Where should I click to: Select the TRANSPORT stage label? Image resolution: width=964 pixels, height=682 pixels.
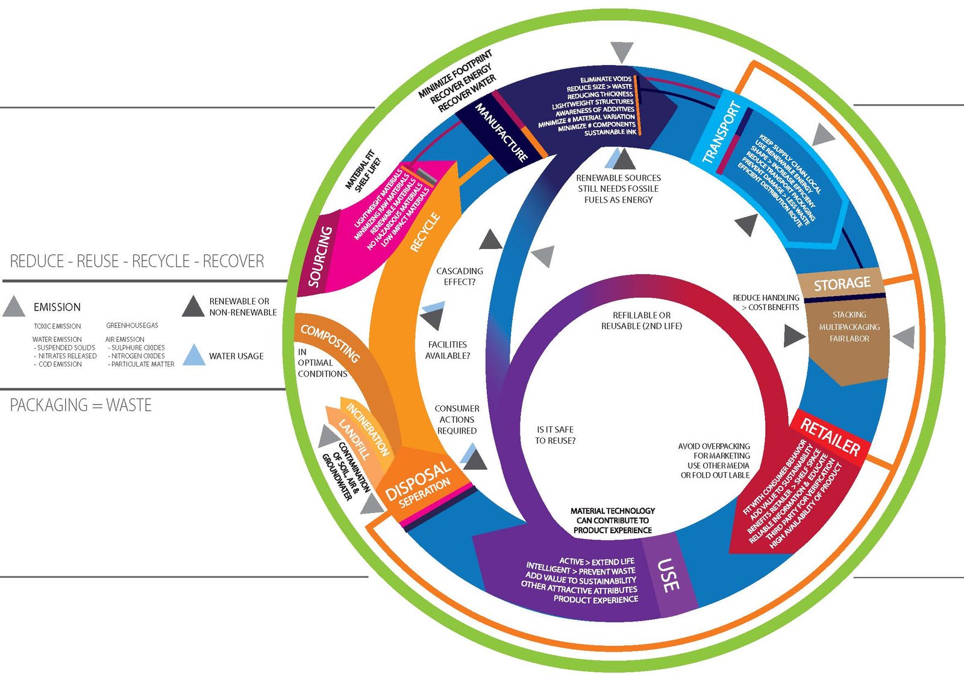point(721,133)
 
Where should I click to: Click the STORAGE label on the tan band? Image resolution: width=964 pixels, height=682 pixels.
point(842,283)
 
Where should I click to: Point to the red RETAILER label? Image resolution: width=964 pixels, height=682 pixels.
point(830,437)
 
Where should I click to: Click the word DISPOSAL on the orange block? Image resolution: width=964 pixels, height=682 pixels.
point(418,481)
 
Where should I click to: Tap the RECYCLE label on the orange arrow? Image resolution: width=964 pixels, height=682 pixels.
point(425,232)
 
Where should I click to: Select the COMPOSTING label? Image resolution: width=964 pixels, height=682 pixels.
point(330,343)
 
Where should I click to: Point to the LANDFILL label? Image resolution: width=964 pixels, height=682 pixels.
point(354,439)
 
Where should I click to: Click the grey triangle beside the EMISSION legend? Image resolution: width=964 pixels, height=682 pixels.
point(14,307)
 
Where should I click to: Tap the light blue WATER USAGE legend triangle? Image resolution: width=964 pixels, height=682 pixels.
point(193,355)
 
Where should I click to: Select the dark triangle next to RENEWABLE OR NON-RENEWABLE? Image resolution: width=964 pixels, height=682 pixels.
point(193,306)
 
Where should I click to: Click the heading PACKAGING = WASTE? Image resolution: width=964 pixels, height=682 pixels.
point(81,405)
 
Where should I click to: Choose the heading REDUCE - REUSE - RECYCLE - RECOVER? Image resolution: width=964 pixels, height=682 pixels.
point(137,261)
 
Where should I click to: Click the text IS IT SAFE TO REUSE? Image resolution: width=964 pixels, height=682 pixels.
point(555,435)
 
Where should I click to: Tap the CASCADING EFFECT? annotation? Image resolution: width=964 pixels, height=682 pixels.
point(460,276)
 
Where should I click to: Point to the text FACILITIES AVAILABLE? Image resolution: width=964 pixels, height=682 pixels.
point(448,350)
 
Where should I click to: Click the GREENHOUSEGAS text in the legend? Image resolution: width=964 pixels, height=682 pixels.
point(132,325)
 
